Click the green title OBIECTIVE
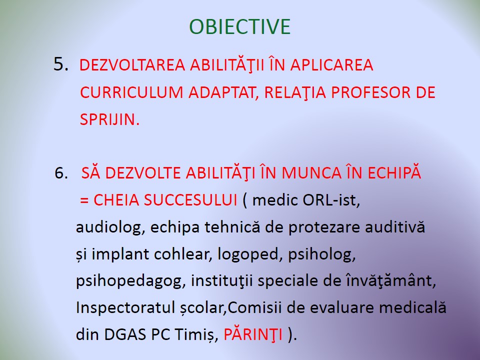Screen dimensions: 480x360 click(239, 26)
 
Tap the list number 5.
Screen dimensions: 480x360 click(61, 64)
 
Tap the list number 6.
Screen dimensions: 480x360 click(61, 173)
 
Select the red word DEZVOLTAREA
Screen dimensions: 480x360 click(132, 65)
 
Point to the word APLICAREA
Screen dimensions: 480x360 click(331, 65)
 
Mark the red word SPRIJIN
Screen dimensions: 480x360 click(109, 119)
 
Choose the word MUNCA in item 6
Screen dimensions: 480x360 click(311, 173)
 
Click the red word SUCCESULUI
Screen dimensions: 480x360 click(190, 200)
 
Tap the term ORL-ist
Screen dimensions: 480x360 click(331, 200)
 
